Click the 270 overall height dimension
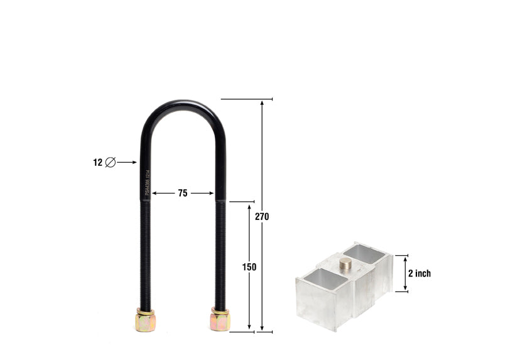262,216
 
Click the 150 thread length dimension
249,266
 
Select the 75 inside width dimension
182,194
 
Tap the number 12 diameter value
97,162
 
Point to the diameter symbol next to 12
111,162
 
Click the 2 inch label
420,273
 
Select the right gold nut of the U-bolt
220,320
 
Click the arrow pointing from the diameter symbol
128,162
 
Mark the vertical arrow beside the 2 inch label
405,273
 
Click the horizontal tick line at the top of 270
246,99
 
